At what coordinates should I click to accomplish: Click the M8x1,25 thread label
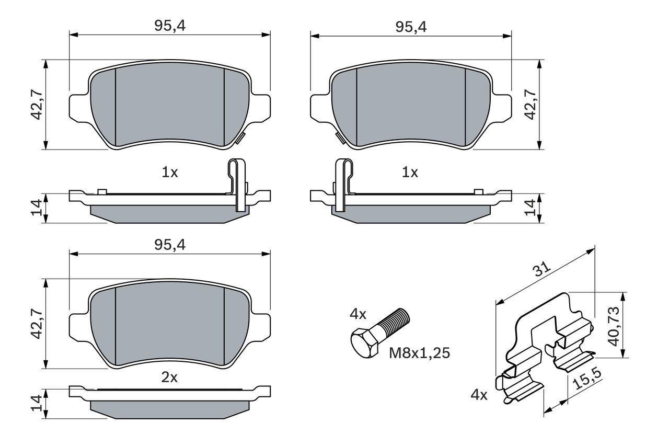point(419,353)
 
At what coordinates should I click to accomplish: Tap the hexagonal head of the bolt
point(364,343)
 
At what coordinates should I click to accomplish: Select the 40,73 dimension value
point(614,326)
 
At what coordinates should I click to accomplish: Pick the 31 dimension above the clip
point(541,269)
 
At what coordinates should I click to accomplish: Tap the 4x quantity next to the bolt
point(358,314)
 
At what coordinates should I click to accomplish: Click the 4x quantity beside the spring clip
point(479,395)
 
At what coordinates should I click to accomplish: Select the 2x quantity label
point(169,378)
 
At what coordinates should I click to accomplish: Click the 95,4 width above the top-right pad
point(411,27)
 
